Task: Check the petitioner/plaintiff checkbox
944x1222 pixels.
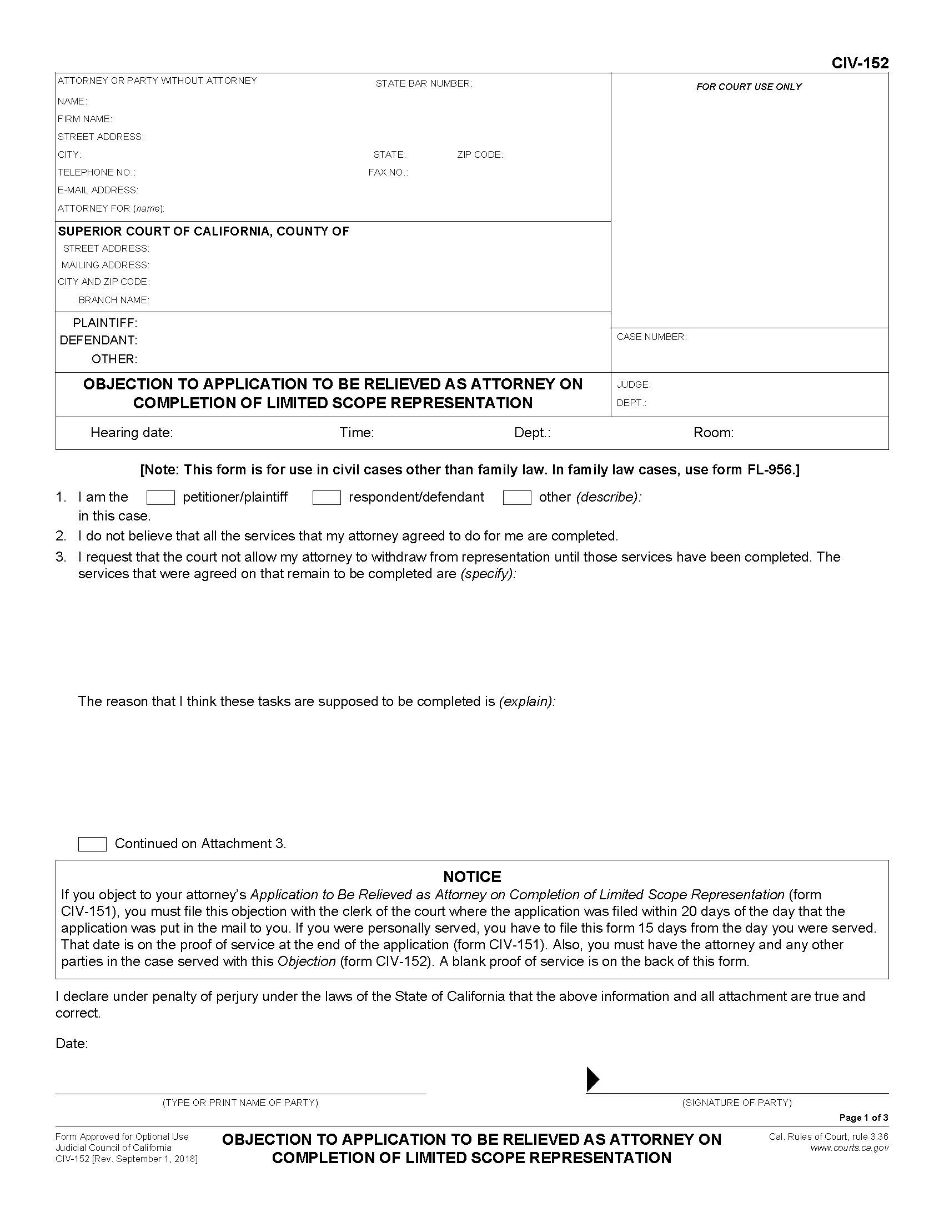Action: click(160, 498)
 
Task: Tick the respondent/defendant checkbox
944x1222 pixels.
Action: click(327, 498)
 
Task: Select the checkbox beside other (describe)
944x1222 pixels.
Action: click(517, 498)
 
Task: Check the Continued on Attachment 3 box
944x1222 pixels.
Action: click(92, 844)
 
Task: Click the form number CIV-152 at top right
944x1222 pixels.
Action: click(860, 63)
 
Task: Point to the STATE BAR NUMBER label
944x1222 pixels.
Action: click(423, 84)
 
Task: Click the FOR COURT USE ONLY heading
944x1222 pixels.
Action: click(749, 87)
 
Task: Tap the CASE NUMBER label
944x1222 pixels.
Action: click(651, 337)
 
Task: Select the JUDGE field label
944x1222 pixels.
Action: click(634, 384)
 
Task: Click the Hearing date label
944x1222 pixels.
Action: click(132, 433)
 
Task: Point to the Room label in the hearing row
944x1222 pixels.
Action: click(713, 433)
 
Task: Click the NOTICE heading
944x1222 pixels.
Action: click(472, 876)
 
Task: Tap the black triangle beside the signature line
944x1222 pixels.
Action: click(592, 1079)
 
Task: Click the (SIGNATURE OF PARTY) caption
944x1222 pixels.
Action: click(736, 1102)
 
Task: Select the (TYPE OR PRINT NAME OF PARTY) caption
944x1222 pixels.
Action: click(240, 1102)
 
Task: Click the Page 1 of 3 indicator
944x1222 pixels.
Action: click(863, 1118)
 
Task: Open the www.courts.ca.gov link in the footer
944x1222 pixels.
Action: click(849, 1148)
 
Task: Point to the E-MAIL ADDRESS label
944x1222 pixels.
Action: click(98, 190)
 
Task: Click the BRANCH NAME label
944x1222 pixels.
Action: click(113, 300)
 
